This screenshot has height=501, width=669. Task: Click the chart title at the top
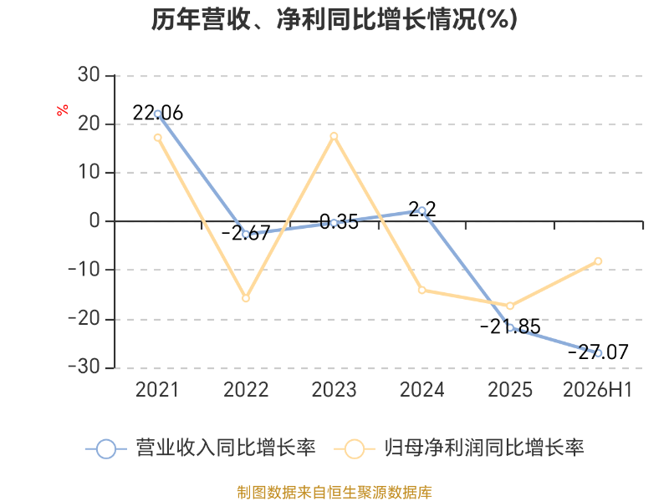[x=334, y=19]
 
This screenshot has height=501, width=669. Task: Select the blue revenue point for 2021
[x=158, y=114]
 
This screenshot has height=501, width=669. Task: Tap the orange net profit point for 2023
[x=334, y=136]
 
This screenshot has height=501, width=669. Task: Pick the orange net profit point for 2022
[x=246, y=298]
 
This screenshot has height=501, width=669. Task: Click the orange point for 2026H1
[x=598, y=261]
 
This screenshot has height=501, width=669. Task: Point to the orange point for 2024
[x=422, y=290]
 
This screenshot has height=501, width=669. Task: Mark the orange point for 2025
[x=510, y=306]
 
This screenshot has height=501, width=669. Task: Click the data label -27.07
[x=598, y=352]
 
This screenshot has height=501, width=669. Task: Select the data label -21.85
[x=510, y=326]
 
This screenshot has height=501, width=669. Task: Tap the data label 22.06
[x=158, y=113]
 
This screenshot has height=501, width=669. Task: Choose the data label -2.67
[x=246, y=233]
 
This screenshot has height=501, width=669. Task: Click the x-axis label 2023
[x=334, y=390]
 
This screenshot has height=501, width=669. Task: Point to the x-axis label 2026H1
[x=597, y=390]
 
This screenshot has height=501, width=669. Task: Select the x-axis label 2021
[x=157, y=390]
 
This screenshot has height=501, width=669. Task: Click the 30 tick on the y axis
[x=89, y=75]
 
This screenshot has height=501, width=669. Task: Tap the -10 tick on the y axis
[x=84, y=270]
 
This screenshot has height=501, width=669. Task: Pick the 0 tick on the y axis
[x=94, y=220]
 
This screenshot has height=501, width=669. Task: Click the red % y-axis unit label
[x=62, y=110]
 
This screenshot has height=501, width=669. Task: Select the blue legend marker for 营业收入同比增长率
[x=106, y=449]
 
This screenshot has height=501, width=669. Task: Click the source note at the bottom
[x=334, y=493]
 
